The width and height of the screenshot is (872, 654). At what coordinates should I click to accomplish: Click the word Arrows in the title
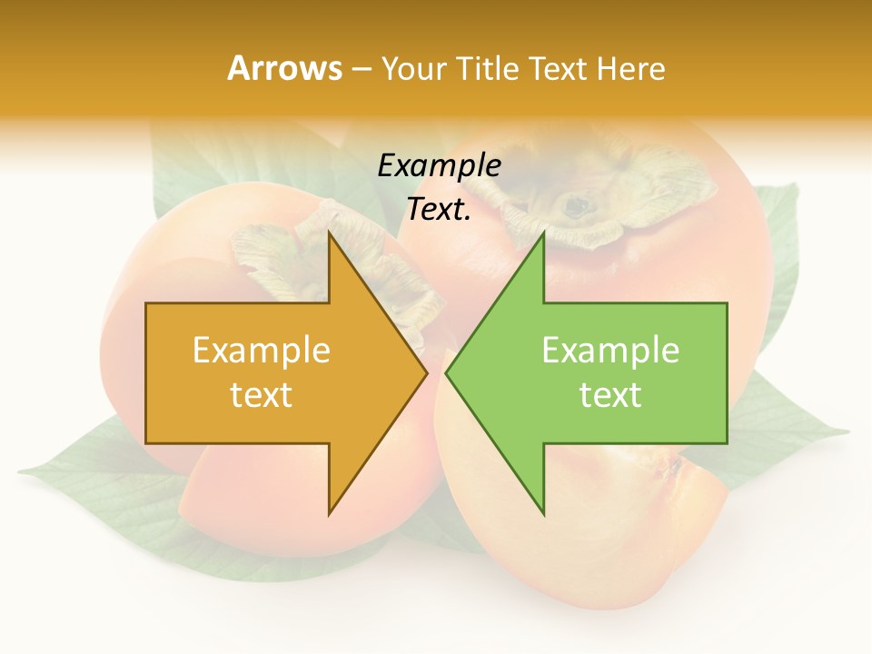pos(284,68)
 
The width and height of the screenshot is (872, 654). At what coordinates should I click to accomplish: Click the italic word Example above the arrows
pos(439,166)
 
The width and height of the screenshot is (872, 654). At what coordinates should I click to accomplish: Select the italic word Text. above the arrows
pos(439,210)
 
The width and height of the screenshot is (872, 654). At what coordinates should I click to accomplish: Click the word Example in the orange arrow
pos(262,351)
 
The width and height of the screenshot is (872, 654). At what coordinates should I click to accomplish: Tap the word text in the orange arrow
pos(262,395)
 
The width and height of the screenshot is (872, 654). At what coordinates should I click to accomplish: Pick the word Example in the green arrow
pos(610,351)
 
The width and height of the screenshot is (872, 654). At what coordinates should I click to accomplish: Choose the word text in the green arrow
pos(610,395)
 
